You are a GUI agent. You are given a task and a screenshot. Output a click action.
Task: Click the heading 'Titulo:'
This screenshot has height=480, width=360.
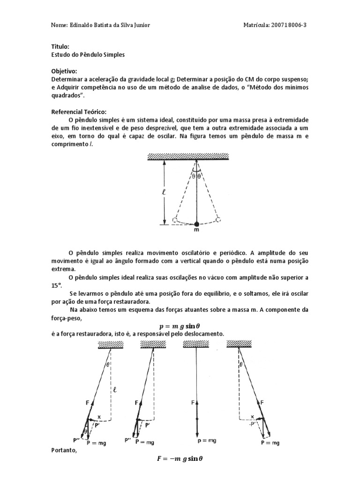[x=60, y=47]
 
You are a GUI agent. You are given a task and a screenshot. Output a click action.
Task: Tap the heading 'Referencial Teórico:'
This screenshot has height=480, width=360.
[x=79, y=112]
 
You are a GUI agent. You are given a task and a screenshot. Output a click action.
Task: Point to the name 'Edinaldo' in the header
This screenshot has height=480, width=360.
[x=82, y=25]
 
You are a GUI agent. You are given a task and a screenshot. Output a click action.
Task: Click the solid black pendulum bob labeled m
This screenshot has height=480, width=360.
[x=196, y=223]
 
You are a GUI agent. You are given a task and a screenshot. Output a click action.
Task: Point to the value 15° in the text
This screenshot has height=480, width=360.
[x=56, y=285]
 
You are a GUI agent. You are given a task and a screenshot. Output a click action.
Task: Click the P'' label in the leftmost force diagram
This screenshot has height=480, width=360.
[x=76, y=440]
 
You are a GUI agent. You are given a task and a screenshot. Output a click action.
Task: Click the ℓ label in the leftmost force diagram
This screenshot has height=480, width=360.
[x=114, y=389]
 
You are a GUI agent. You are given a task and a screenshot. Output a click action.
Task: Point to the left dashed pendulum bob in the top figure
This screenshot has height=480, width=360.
[x=174, y=219]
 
